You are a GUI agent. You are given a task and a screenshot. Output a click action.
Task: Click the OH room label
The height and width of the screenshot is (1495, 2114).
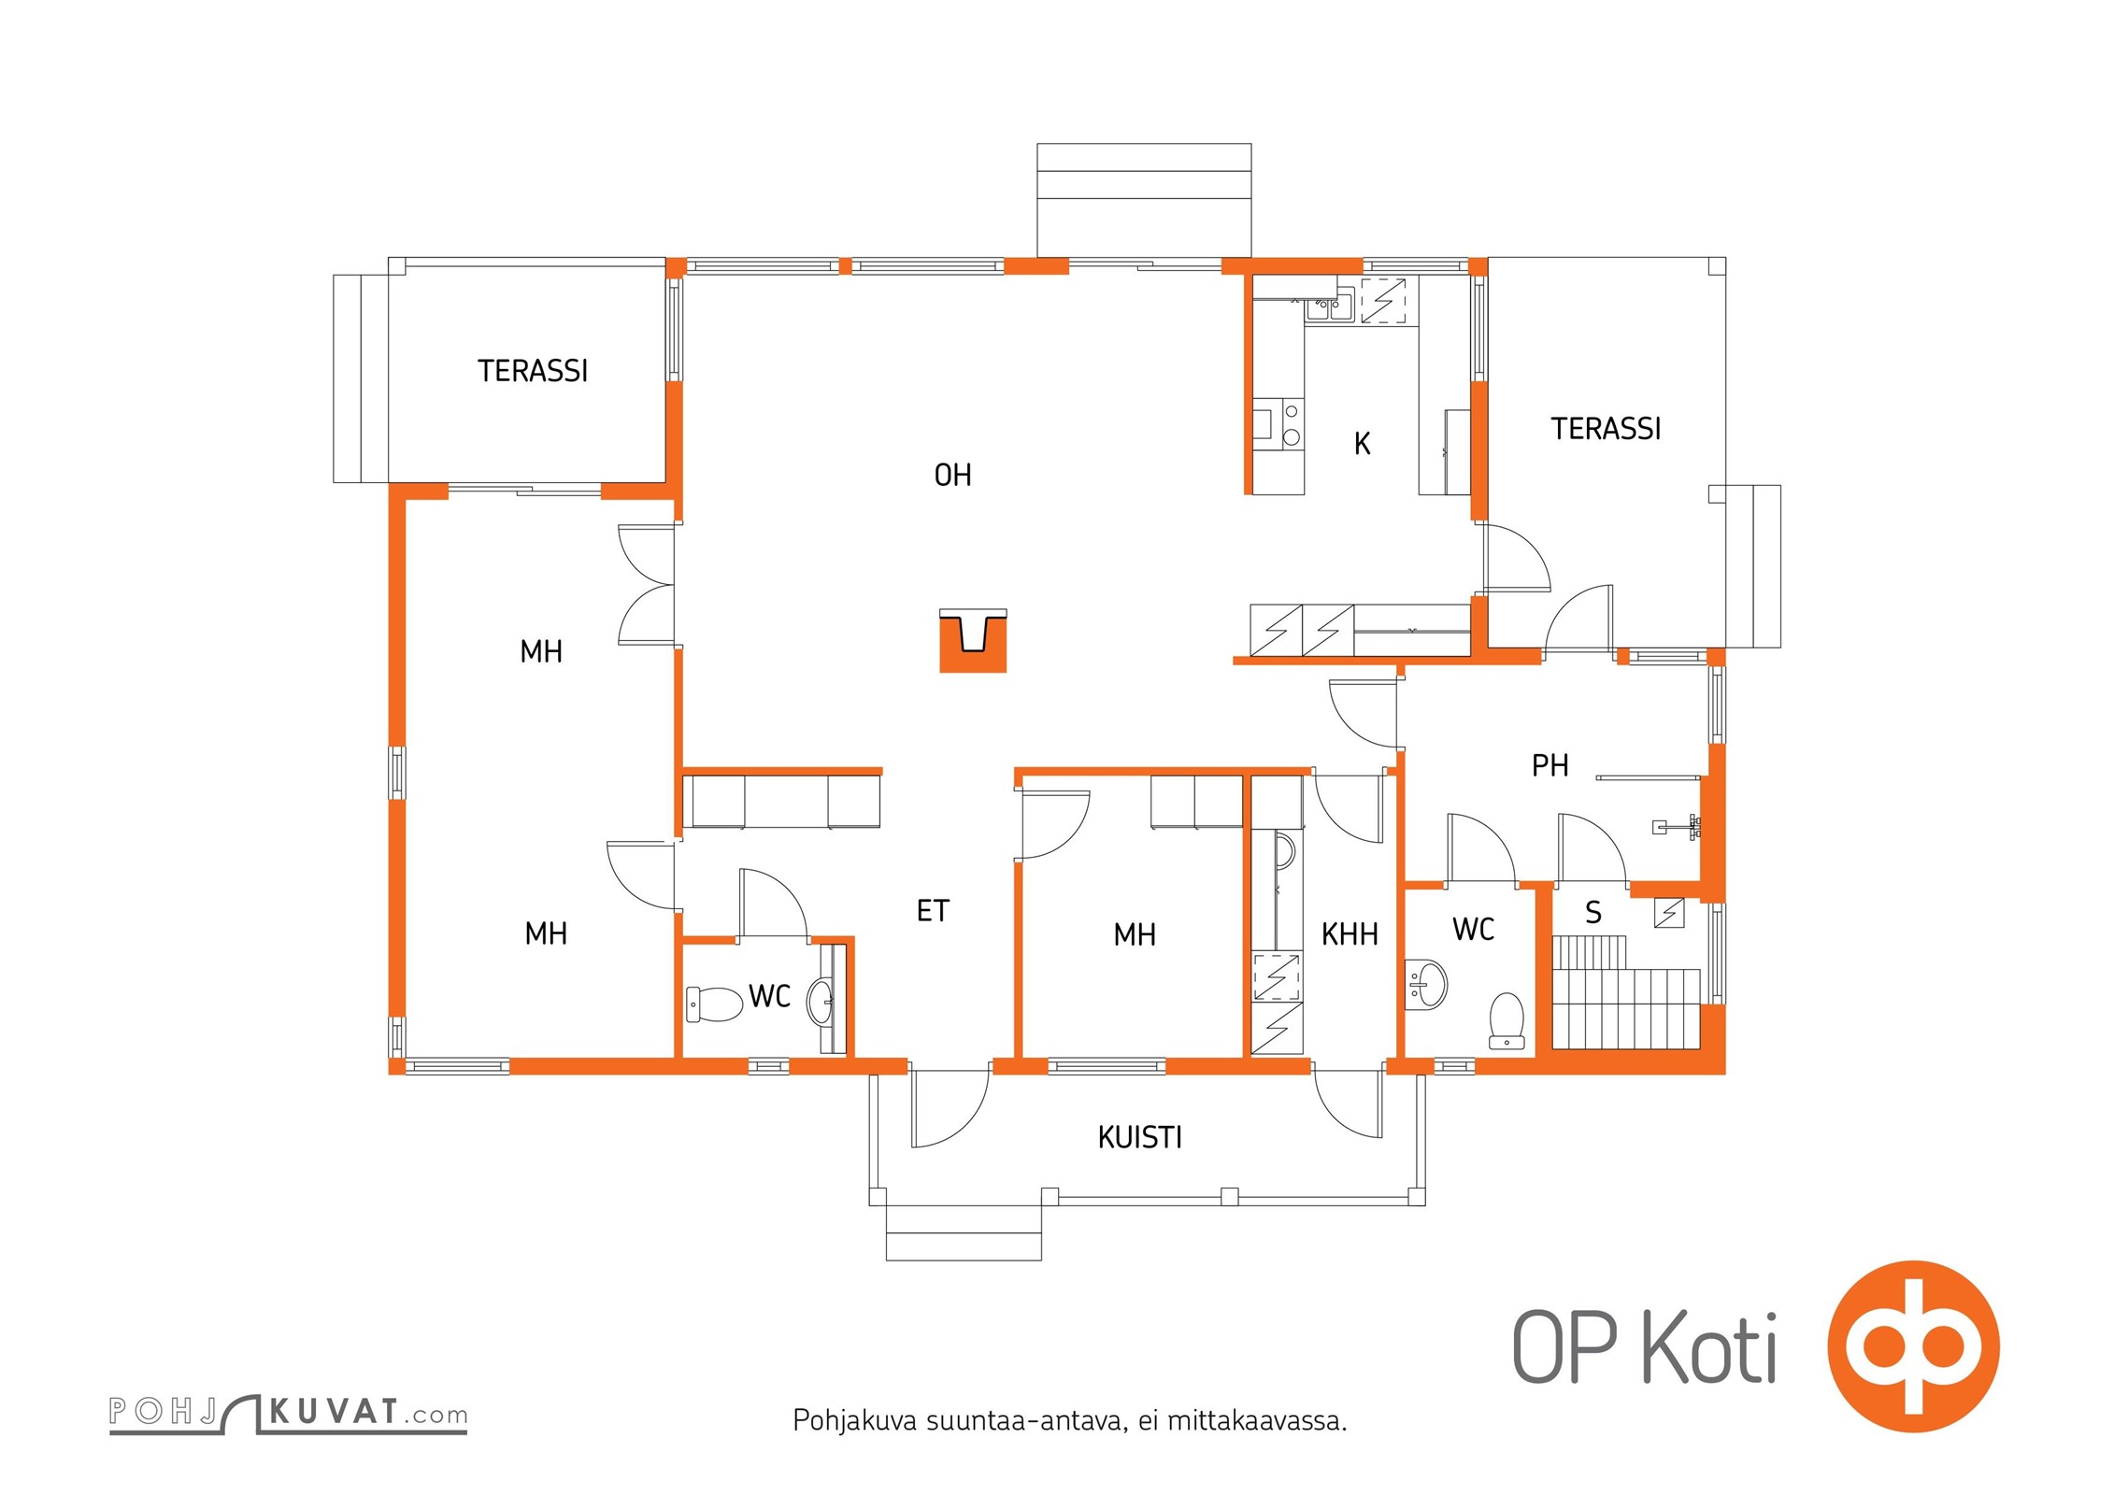coord(952,476)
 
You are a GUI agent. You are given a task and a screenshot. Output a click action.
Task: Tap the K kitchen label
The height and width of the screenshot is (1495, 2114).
coord(1362,444)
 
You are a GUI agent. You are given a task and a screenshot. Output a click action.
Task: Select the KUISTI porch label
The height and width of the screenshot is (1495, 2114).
coord(1139,1137)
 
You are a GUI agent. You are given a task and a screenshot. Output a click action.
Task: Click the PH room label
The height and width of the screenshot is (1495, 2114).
coord(1550,766)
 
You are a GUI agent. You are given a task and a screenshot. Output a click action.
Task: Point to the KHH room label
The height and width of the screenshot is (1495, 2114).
coord(1350,933)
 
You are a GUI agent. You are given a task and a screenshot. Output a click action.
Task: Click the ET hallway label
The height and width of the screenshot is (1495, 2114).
coord(933,911)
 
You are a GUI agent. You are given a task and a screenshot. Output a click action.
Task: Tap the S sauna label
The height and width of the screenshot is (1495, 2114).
coord(1593,913)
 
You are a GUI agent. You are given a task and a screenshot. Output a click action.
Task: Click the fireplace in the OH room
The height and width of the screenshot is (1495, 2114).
coord(973,641)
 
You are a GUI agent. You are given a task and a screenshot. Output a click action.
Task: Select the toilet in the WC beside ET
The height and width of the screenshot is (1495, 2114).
coord(715,1004)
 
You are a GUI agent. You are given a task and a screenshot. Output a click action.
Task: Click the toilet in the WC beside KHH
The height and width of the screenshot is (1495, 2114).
coord(1507,1020)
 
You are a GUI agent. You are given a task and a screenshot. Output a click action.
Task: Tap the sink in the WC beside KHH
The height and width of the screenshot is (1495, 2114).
coord(1427,985)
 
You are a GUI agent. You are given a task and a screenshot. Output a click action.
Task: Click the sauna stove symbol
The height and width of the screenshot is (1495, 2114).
coord(1669,913)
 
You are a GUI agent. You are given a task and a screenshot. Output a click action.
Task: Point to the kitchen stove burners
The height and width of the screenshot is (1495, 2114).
coord(1292,423)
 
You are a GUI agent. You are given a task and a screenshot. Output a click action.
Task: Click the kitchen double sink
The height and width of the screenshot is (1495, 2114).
coord(1329,305)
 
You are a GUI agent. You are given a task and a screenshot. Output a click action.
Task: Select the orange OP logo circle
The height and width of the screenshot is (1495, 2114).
coord(1913,1346)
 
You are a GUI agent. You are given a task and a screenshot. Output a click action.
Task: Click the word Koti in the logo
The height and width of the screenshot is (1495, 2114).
coord(1709,1347)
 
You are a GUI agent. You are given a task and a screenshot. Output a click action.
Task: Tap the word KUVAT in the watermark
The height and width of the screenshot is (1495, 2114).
coord(334,1411)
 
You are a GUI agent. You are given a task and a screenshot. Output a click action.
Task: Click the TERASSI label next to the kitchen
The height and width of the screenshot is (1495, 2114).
coord(1606,429)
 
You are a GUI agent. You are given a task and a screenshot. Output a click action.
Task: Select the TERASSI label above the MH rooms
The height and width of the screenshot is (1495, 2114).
coord(533,371)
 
